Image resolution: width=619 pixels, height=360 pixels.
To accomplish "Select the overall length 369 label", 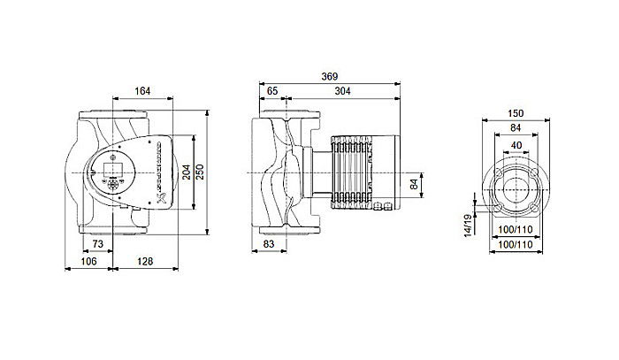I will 329,76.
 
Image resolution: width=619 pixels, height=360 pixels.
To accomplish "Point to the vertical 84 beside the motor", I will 413,184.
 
